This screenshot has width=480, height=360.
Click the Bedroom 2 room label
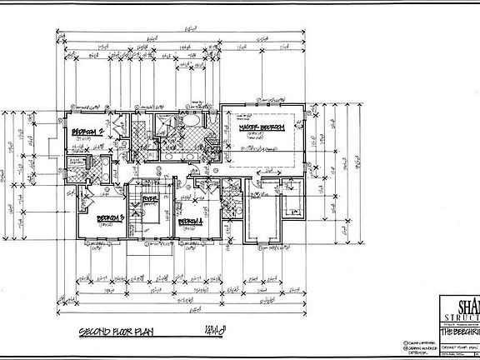point(86,131)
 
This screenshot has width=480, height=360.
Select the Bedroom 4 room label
point(191,221)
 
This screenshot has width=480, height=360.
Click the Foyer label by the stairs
point(150,198)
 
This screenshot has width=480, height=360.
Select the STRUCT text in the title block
point(462,317)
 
